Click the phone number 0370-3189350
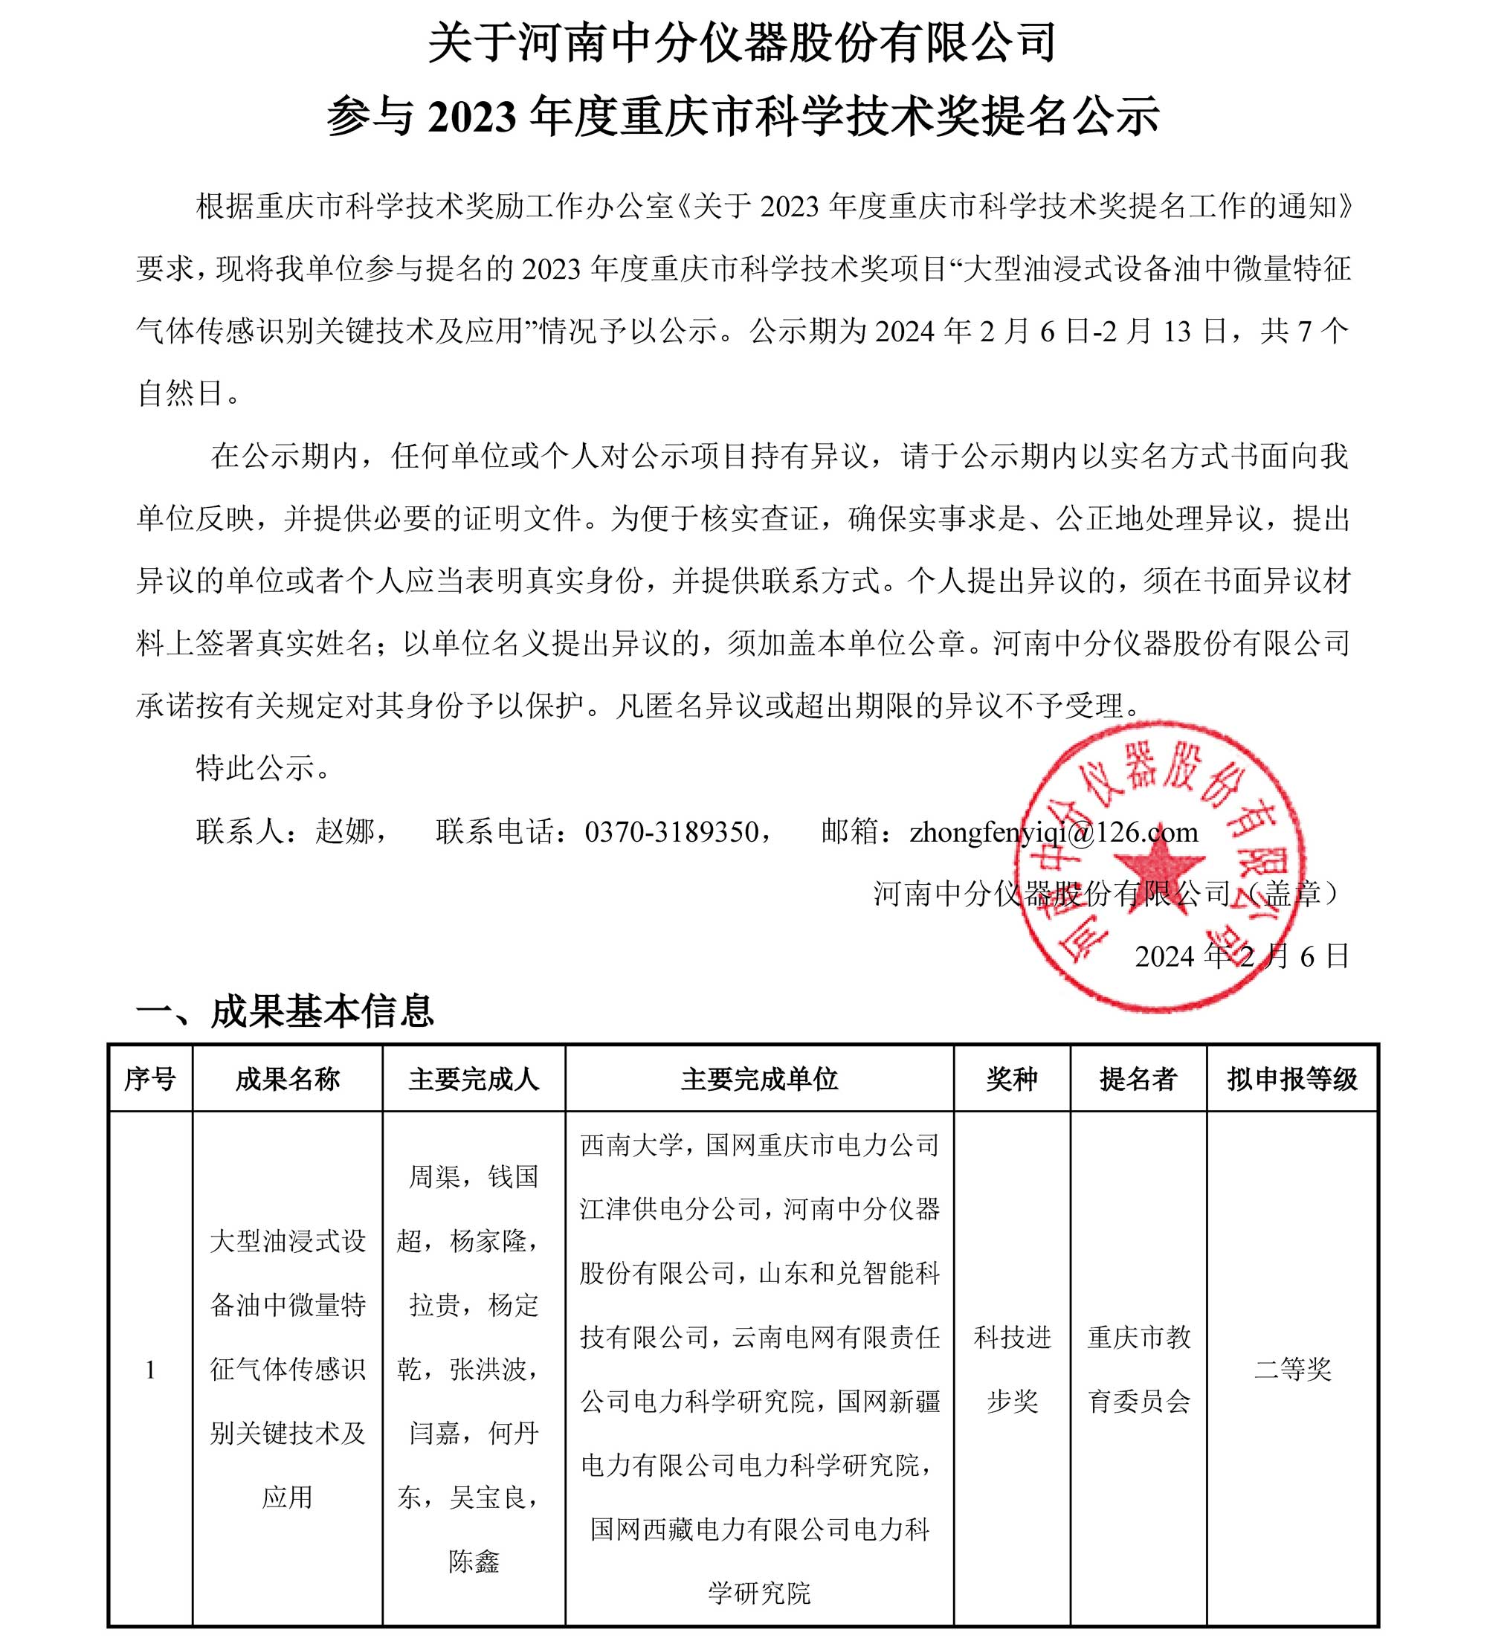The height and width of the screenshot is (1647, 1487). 671,831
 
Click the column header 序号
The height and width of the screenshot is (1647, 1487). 149,1079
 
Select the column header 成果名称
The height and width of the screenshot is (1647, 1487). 287,1079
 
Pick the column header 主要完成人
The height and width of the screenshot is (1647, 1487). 473,1079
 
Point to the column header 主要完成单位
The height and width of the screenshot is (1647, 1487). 759,1079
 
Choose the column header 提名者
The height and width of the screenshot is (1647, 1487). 1138,1079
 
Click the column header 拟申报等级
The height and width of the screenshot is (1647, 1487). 1291,1079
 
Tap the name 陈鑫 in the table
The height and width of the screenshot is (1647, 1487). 473,1561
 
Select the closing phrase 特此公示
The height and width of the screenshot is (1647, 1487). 255,768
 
